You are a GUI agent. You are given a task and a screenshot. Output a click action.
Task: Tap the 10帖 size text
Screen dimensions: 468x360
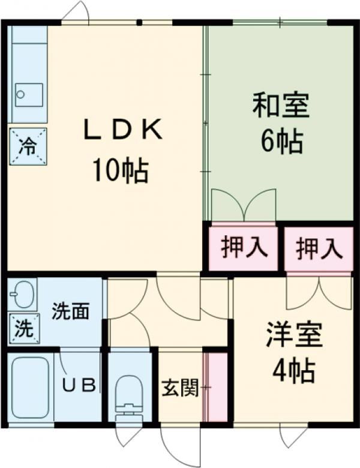[120, 171]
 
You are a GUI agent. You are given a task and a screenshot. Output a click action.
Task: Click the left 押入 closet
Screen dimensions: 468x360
[243, 247]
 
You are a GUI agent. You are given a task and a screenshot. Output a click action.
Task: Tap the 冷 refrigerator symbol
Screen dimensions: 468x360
[28, 145]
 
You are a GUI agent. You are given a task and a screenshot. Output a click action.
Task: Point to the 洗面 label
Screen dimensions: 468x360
[70, 311]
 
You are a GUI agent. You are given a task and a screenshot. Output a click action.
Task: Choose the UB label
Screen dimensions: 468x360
[79, 385]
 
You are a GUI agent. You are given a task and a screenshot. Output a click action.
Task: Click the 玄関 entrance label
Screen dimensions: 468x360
[179, 388]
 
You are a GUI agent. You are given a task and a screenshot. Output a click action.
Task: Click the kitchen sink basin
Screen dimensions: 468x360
[29, 95]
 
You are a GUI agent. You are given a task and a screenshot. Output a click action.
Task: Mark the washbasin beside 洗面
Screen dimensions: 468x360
[23, 293]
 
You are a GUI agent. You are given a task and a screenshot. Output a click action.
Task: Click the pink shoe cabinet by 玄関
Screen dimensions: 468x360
[215, 387]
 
